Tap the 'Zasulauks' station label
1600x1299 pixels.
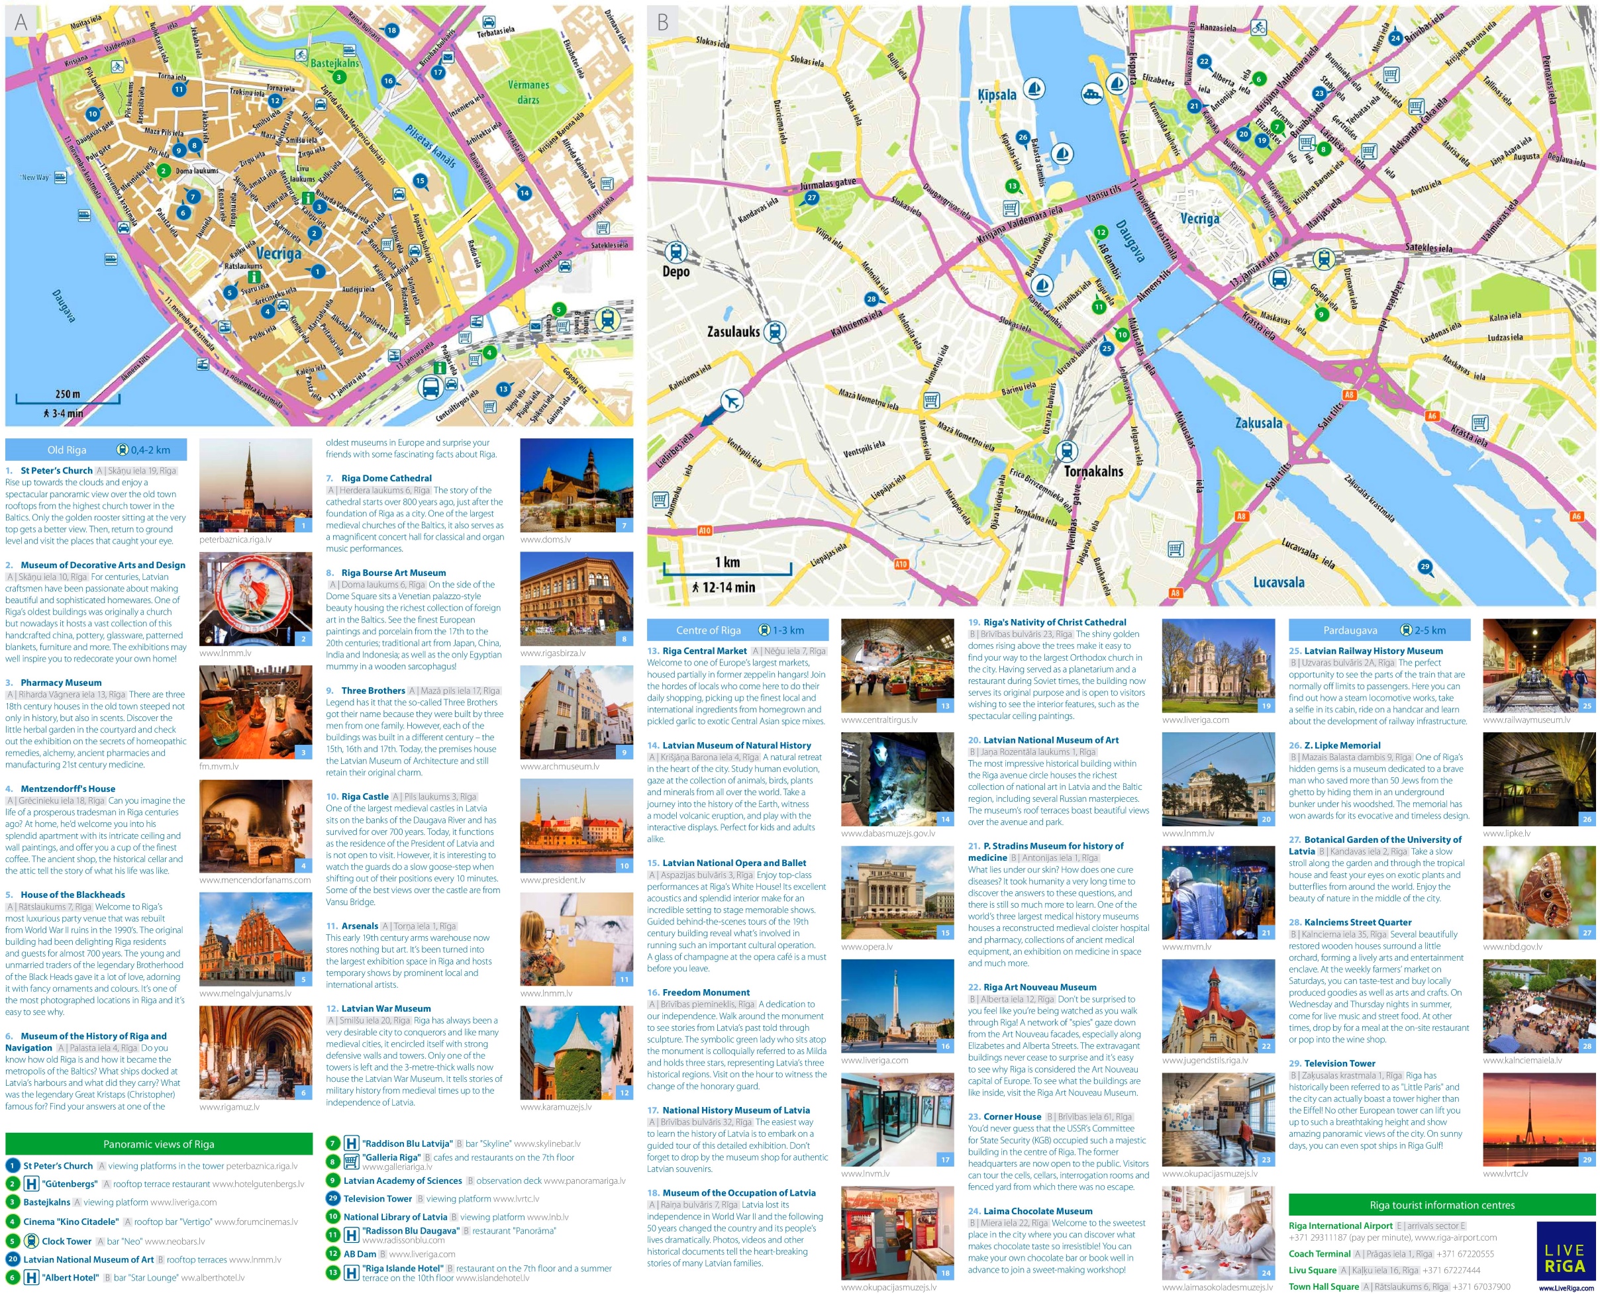pyautogui.click(x=732, y=331)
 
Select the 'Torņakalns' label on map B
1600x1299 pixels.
pyautogui.click(x=1093, y=471)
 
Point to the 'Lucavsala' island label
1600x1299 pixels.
pyautogui.click(x=1278, y=582)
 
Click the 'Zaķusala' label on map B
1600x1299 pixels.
pyautogui.click(x=1258, y=423)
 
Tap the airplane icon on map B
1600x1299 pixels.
pyautogui.click(x=731, y=401)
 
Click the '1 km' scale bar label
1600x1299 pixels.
pyautogui.click(x=726, y=562)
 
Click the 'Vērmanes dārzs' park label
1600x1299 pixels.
pyautogui.click(x=528, y=92)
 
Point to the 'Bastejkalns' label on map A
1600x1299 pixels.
pyautogui.click(x=334, y=64)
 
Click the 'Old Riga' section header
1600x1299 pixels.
pyautogui.click(x=67, y=450)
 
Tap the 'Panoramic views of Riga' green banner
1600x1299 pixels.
pyautogui.click(x=159, y=1144)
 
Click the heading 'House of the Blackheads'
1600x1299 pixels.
pyautogui.click(x=73, y=894)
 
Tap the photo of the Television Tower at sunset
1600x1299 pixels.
pyautogui.click(x=1538, y=1120)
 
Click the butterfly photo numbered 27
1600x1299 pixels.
pyautogui.click(x=1538, y=892)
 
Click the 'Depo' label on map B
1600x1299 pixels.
pyautogui.click(x=675, y=271)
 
